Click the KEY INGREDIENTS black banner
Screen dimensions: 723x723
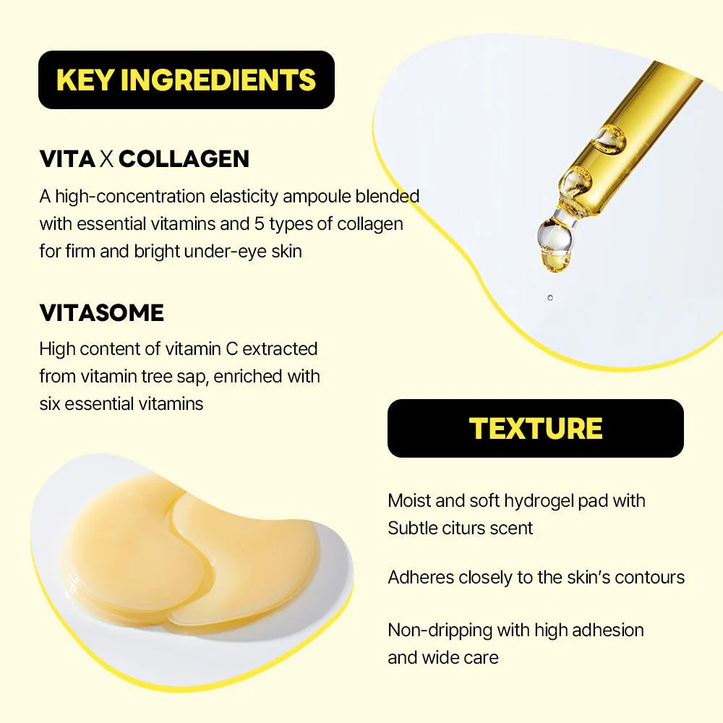(186, 80)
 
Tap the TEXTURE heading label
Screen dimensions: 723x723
(536, 428)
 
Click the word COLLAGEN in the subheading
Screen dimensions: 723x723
(184, 159)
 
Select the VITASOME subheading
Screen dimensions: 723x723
(101, 313)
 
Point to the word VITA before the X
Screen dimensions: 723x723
(67, 159)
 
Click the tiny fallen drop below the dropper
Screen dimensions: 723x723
(549, 297)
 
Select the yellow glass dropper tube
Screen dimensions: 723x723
(636, 116)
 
